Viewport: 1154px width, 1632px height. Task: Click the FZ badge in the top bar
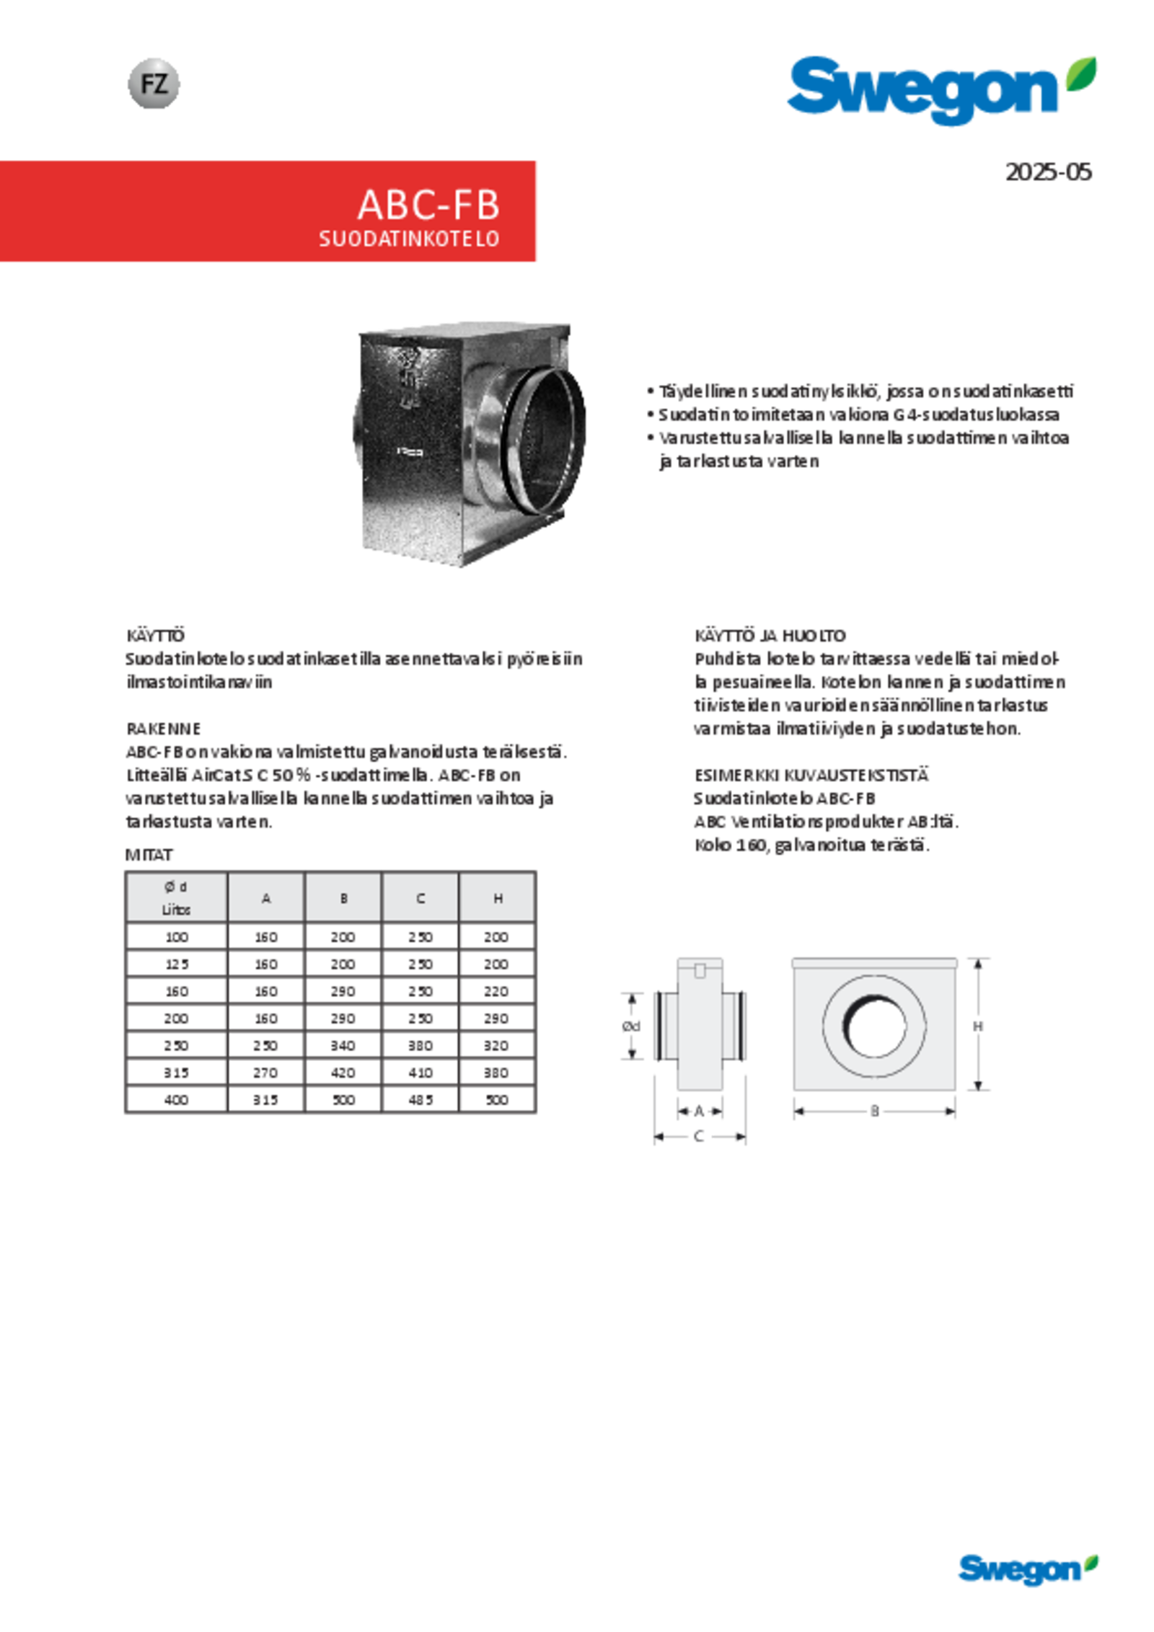(x=154, y=85)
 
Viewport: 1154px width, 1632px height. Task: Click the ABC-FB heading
(x=428, y=205)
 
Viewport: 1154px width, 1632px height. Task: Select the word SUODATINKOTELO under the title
(x=409, y=239)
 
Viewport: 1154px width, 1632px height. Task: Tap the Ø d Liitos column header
(x=177, y=897)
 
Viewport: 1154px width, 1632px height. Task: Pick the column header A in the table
(x=266, y=898)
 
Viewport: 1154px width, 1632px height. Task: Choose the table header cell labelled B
(x=344, y=898)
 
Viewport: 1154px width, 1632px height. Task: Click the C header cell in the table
(x=420, y=898)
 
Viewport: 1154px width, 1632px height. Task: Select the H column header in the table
(x=498, y=898)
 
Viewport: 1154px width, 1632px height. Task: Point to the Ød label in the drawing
(x=631, y=1025)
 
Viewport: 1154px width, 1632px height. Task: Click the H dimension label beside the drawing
(x=978, y=1025)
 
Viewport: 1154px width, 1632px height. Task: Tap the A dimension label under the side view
(x=698, y=1111)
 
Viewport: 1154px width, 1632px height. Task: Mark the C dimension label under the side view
(x=698, y=1136)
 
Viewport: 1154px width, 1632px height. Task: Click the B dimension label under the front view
(x=875, y=1111)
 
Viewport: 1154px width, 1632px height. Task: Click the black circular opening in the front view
(x=873, y=1025)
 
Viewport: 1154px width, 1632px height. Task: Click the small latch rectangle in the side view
(x=699, y=971)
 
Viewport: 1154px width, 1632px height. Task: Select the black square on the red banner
(x=1079, y=203)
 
